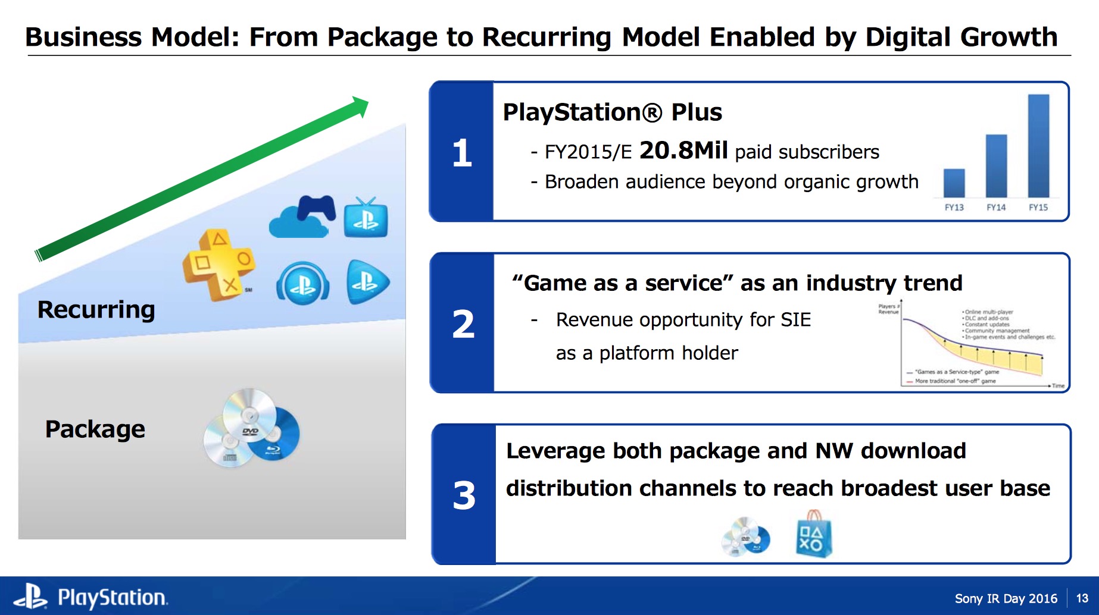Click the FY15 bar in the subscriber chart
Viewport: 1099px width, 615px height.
coord(1038,146)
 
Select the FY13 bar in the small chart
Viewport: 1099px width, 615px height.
coord(954,183)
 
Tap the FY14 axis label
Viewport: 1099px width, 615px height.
coord(996,208)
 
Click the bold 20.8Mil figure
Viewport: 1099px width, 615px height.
coord(683,150)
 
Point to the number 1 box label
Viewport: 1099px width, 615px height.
coord(462,153)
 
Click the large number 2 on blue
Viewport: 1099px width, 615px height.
coord(463,324)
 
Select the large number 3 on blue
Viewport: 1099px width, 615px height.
coord(464,495)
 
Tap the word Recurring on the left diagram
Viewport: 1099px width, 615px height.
coord(96,310)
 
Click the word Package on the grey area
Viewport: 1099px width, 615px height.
coord(95,429)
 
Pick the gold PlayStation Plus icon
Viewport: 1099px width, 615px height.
coord(218,265)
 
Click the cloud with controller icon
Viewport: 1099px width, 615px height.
coord(301,217)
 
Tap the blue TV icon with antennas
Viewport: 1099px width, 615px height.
coord(366,218)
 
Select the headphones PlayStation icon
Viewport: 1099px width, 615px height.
coord(302,283)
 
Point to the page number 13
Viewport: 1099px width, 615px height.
coord(1082,598)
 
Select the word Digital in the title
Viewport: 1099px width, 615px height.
coord(908,37)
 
